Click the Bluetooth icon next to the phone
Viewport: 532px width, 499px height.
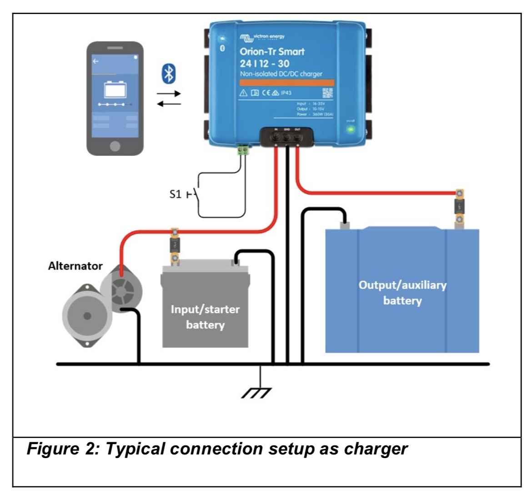(169, 74)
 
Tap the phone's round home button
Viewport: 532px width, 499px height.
(115, 146)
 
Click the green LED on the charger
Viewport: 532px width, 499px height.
(351, 129)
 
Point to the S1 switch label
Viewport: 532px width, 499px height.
(176, 195)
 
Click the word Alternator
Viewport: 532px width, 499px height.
(75, 266)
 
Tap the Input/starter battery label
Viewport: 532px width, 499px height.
(205, 317)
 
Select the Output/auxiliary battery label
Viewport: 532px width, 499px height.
(402, 293)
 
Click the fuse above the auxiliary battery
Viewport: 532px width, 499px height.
(460, 207)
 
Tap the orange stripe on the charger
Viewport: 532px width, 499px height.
(287, 83)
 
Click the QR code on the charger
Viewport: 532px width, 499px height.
(327, 93)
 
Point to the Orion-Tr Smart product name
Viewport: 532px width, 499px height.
(272, 51)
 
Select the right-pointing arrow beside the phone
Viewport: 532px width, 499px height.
(169, 94)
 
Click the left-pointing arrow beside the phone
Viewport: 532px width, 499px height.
(169, 104)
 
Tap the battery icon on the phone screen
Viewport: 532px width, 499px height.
(115, 89)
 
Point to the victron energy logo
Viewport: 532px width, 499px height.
(263, 37)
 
